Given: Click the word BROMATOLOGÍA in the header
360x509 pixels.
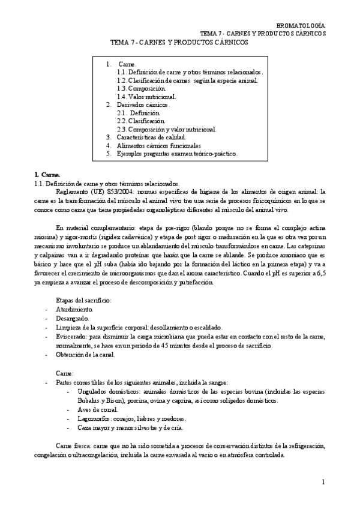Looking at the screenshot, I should click(301, 25).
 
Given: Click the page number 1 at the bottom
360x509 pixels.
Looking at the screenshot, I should click(323, 482).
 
